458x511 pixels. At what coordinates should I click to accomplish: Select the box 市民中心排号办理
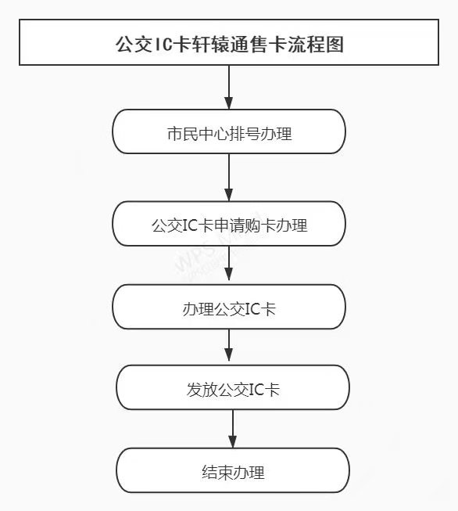[x=229, y=131]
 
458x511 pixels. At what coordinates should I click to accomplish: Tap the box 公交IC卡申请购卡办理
[x=229, y=224]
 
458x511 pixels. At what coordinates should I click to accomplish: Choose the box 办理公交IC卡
[x=229, y=307]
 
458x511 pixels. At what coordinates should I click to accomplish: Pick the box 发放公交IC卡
[x=233, y=387]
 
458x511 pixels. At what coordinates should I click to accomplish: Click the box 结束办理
[x=233, y=470]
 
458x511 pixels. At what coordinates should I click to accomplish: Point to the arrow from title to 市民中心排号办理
[x=229, y=88]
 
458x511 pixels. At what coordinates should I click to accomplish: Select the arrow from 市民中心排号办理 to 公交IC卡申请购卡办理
[x=229, y=178]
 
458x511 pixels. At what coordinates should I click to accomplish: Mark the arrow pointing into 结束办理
[x=233, y=429]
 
